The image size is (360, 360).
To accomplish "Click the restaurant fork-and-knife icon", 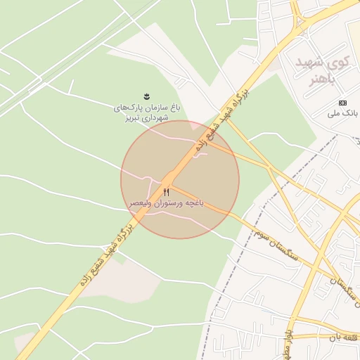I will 167,191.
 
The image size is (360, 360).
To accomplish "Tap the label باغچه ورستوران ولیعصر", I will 167,202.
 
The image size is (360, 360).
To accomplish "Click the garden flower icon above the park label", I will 147,96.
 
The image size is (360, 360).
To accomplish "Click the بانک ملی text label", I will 342,112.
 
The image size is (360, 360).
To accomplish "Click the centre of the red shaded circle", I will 180,179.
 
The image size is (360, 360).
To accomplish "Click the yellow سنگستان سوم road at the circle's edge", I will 232,210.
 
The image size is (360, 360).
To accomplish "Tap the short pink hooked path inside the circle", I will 200,154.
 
